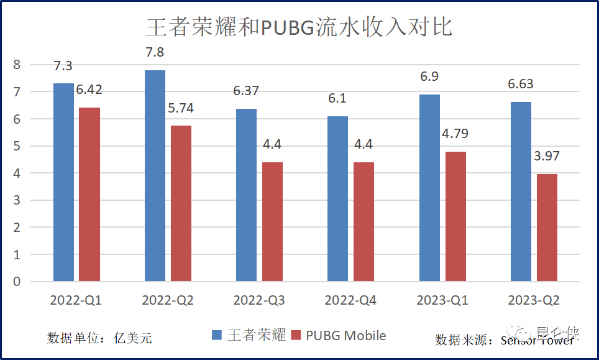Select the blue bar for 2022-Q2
[155, 176]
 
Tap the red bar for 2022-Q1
[89, 194]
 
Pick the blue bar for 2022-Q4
[337, 199]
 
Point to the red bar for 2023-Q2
[547, 228]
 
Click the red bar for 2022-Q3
[272, 222]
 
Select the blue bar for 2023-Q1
[429, 188]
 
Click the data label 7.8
[155, 52]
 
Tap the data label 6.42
[89, 90]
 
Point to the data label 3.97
[547, 156]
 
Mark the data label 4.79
[455, 134]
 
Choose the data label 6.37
[246, 91]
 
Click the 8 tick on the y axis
[17, 64]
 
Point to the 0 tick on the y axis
[17, 282]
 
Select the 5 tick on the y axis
[17, 145]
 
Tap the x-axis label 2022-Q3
[259, 300]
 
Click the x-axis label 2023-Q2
[534, 300]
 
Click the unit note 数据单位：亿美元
[99, 338]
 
